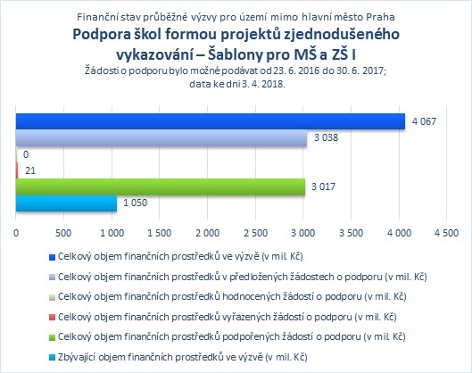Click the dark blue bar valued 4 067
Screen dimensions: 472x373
211,121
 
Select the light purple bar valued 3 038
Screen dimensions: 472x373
161,138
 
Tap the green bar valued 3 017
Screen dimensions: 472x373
161,186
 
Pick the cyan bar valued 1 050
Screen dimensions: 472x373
66,203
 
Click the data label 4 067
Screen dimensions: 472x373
424,121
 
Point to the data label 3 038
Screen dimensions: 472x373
326,138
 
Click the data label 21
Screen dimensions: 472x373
30,170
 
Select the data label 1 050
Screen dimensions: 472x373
135,203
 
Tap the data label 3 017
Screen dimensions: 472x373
323,186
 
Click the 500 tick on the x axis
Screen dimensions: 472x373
63,233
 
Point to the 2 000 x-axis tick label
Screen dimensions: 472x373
207,233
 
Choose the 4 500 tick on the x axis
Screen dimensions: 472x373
447,233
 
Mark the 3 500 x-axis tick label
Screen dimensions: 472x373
352,233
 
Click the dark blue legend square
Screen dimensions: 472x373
52,257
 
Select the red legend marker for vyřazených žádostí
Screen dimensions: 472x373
52,318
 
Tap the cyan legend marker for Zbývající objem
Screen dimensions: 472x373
52,358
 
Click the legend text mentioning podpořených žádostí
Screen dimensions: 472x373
231,336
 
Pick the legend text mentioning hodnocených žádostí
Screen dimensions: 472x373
232,296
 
